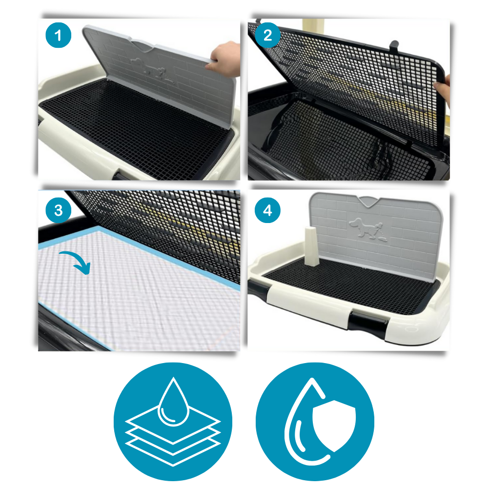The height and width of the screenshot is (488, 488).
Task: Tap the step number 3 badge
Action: [59, 210]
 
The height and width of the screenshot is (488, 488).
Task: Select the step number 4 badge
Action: [268, 210]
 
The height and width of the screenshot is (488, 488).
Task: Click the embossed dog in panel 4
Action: [366, 227]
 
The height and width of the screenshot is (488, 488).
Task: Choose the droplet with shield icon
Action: [315, 422]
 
